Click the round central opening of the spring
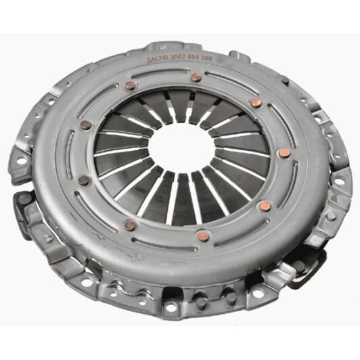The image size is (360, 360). tap(177, 148)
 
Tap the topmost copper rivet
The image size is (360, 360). tap(196, 77)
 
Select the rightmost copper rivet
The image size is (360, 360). tap(284, 153)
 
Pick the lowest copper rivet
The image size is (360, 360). tap(201, 236)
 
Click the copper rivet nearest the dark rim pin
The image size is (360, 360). tap(256, 103)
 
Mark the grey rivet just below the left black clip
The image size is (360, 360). tap(48, 237)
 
